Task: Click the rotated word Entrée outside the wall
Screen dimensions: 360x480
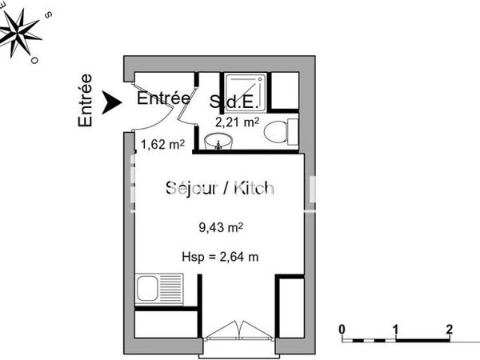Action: tap(86, 101)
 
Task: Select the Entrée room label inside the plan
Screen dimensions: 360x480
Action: tap(163, 98)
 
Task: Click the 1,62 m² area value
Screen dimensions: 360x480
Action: tap(163, 145)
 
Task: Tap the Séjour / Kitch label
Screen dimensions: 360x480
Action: tap(219, 188)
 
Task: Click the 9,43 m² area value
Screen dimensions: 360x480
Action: tap(220, 227)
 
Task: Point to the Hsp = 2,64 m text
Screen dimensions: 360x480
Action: tap(220, 256)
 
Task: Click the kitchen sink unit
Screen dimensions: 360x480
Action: tap(158, 288)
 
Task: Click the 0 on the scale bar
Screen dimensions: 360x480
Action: tap(342, 329)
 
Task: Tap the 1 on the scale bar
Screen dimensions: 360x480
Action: tap(395, 329)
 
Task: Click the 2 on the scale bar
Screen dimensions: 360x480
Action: tap(449, 329)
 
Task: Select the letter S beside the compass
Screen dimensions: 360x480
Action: tap(49, 14)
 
